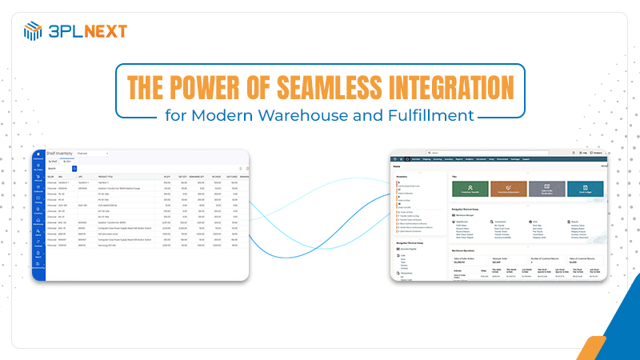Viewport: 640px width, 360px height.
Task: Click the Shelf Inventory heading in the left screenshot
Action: (x=60, y=152)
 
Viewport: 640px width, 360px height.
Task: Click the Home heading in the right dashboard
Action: (x=397, y=166)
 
